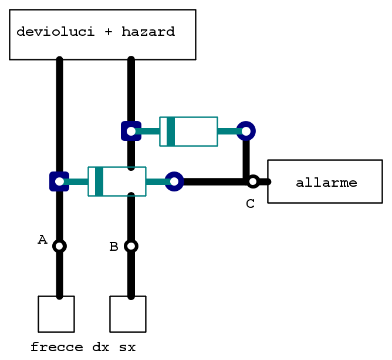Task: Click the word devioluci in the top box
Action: (56, 32)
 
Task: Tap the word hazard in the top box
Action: (148, 32)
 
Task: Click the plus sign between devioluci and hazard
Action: (108, 32)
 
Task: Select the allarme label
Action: (326, 183)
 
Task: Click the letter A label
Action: (42, 240)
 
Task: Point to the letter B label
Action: (114, 247)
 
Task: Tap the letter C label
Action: (250, 204)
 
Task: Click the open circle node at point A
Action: (59, 246)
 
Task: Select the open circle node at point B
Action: (131, 246)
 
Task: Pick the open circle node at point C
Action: (253, 181)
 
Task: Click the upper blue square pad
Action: (131, 131)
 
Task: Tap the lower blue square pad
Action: (59, 181)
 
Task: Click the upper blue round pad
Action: (246, 131)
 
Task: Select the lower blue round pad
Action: (174, 181)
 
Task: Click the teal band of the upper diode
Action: (171, 132)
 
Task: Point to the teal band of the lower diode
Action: (99, 181)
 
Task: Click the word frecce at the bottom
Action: (57, 347)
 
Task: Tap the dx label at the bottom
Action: (101, 347)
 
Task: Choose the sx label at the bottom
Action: (127, 348)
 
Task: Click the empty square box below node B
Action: (128, 314)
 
